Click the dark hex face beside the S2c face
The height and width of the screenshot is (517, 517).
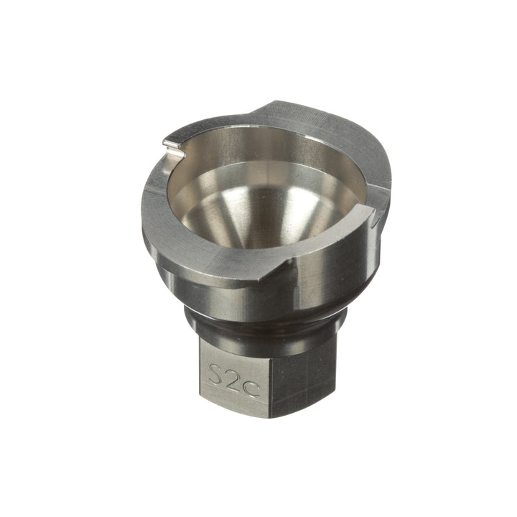302,381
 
